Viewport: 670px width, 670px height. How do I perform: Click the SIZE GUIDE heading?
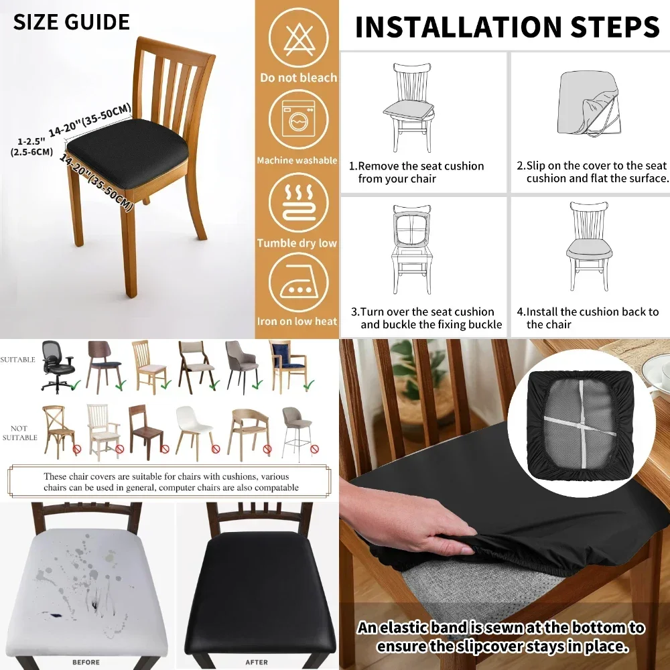pyautogui.click(x=71, y=21)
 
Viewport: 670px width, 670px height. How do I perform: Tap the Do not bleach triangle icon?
pyautogui.click(x=299, y=38)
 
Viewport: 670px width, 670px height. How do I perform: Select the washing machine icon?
pyautogui.click(x=299, y=120)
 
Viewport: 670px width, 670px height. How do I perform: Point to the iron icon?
pyautogui.click(x=299, y=283)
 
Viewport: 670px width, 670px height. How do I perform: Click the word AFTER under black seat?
pyautogui.click(x=257, y=662)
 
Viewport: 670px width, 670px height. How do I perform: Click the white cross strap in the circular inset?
pyautogui.click(x=579, y=423)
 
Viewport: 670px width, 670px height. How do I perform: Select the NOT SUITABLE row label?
pyautogui.click(x=19, y=433)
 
